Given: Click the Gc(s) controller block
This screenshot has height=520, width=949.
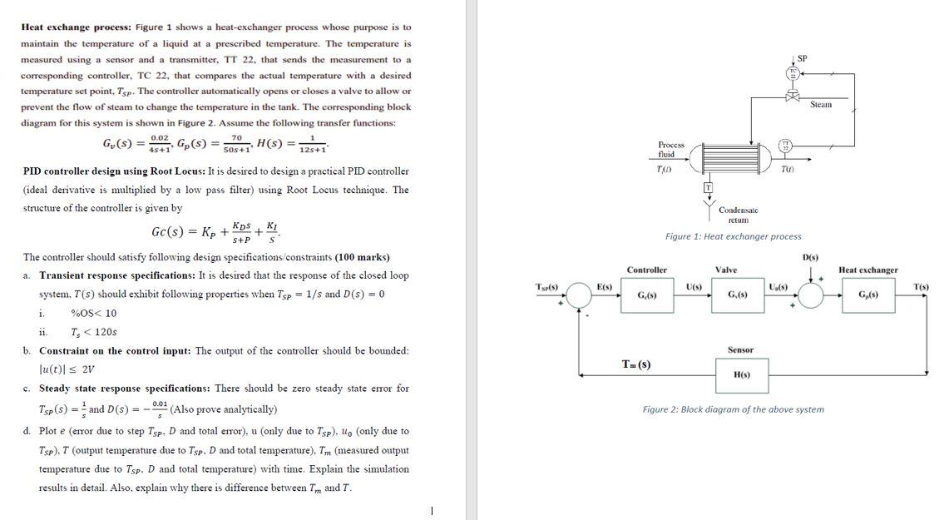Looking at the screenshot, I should pos(646,295).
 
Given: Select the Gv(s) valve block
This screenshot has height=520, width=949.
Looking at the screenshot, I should pos(737,295).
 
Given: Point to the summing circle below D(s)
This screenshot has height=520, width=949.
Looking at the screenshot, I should pos(811,295).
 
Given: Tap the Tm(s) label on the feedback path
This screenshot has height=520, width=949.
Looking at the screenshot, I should pos(636,364).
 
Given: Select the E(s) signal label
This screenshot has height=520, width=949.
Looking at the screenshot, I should pos(605,287).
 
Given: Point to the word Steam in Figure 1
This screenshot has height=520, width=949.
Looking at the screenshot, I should pos(821,105).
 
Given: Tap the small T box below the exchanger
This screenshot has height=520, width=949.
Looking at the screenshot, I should pos(709,186).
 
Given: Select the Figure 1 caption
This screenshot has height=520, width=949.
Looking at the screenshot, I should pos(733,237).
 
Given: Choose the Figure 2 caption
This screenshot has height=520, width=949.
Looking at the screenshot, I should pos(733,409).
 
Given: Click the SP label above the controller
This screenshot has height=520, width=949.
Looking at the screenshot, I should pos(802,57).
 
